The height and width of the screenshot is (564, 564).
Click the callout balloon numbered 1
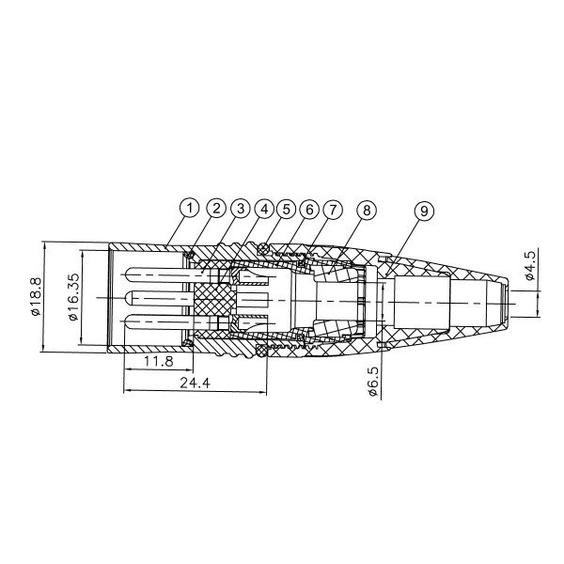point(190,207)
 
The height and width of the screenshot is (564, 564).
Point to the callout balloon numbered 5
point(287,207)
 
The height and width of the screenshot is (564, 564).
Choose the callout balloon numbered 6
point(311,207)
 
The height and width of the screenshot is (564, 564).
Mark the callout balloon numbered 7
point(336,207)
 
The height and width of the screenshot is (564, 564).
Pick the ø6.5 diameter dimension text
point(372,384)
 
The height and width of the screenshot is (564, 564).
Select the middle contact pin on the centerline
point(160,298)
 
